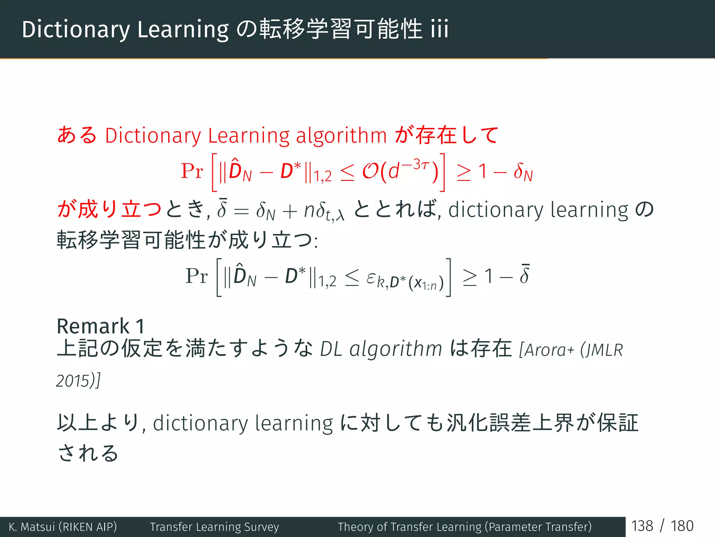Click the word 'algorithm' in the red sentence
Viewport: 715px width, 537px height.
pyautogui.click(x=341, y=136)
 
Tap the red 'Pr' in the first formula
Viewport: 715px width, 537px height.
pyautogui.click(x=192, y=171)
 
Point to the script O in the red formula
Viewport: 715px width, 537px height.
pyautogui.click(x=370, y=171)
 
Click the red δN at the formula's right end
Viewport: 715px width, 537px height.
pyautogui.click(x=523, y=172)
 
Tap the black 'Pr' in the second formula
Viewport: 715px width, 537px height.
pyautogui.click(x=197, y=276)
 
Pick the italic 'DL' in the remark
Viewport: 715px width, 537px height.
pyautogui.click(x=331, y=349)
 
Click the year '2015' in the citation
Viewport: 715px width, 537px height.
pyautogui.click(x=73, y=381)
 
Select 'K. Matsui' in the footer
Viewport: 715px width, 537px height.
pyautogui.click(x=32, y=527)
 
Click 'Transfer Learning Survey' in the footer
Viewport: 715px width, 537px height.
pyautogui.click(x=214, y=527)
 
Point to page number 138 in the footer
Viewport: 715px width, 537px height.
pyautogui.click(x=642, y=526)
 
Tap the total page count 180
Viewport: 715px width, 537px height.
pyautogui.click(x=682, y=526)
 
